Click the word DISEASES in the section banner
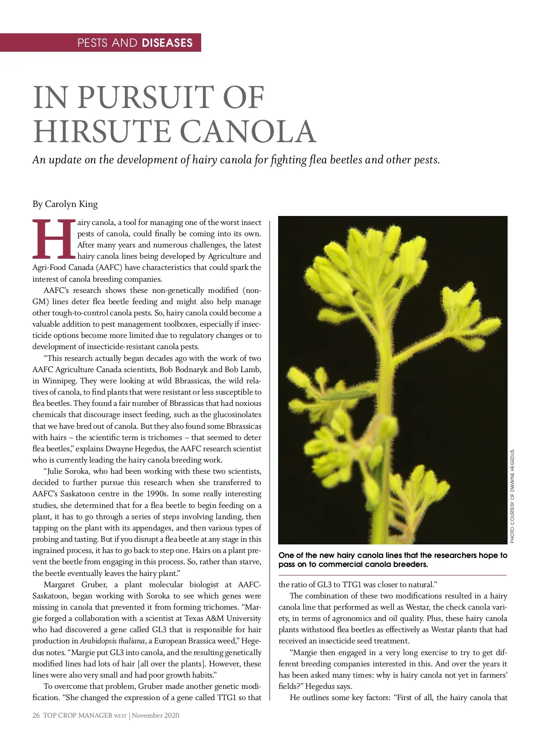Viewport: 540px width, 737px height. (167, 43)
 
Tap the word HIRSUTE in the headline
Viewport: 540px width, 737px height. (102, 131)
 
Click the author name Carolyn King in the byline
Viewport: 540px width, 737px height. (71, 204)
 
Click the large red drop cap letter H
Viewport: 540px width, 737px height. (53, 239)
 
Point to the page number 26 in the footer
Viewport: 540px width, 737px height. (36, 715)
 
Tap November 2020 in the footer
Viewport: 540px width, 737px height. (156, 715)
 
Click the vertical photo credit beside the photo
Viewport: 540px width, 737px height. (512, 495)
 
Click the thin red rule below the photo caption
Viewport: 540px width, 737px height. (392, 575)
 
